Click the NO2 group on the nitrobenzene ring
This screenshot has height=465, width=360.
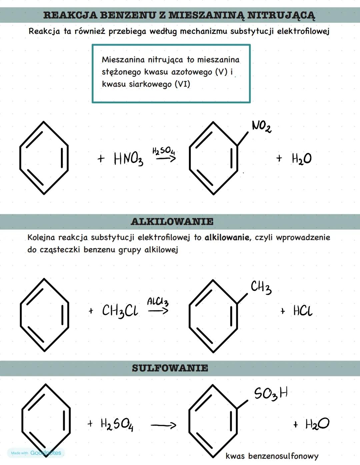click(x=262, y=126)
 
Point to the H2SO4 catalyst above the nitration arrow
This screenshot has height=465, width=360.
click(x=164, y=151)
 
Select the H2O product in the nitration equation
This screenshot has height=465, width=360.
click(x=302, y=159)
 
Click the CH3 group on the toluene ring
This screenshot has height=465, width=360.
click(x=261, y=288)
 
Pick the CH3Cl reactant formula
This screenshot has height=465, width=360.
click(x=120, y=311)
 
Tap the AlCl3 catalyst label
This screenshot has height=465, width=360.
click(x=158, y=302)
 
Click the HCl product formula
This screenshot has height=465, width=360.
click(x=303, y=310)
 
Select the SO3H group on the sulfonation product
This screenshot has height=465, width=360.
click(x=271, y=394)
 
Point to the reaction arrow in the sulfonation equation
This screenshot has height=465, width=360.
click(x=163, y=425)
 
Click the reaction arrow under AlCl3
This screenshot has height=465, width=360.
click(x=158, y=310)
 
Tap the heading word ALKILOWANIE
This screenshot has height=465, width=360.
click(x=172, y=221)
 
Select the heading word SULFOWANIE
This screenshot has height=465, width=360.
click(x=170, y=368)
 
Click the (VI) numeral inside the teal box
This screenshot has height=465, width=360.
click(x=182, y=84)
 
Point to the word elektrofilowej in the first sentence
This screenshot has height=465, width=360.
click(x=303, y=32)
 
